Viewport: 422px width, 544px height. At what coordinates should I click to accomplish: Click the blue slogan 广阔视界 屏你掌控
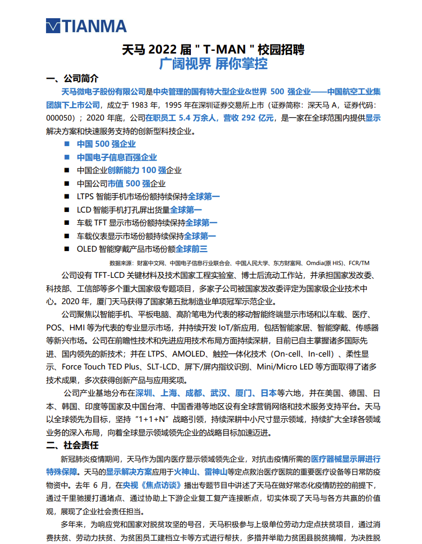pyautogui.click(x=213, y=64)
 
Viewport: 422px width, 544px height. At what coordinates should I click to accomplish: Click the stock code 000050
pyautogui.click(x=63, y=118)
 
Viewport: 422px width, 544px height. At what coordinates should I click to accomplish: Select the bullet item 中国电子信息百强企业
pyautogui.click(x=117, y=157)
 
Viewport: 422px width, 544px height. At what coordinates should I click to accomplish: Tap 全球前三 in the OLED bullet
pyautogui.click(x=191, y=248)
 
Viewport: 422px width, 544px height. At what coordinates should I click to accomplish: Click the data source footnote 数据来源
pyautogui.click(x=239, y=263)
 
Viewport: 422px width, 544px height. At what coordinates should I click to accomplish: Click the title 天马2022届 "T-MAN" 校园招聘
pyautogui.click(x=213, y=49)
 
